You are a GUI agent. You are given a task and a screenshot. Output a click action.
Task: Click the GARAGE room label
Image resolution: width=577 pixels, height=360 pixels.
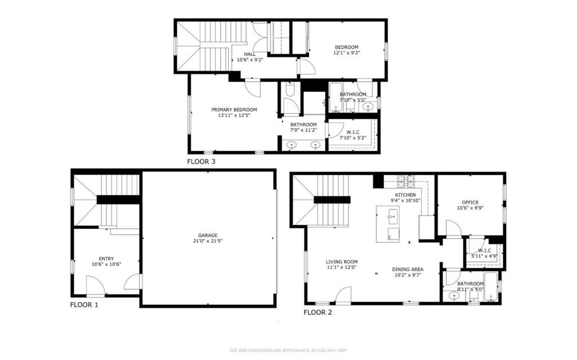tap(207, 235)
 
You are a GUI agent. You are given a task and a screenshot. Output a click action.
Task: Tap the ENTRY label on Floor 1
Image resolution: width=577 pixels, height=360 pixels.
tap(106, 259)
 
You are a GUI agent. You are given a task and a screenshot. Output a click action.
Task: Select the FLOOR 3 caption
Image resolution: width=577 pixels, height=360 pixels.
tap(201, 162)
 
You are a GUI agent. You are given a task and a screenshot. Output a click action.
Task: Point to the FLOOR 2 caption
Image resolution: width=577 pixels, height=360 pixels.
tap(318, 312)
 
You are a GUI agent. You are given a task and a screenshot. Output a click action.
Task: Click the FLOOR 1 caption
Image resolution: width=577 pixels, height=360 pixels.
tap(84, 305)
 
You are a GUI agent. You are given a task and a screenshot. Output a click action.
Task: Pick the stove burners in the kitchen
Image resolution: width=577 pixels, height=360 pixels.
tap(406, 181)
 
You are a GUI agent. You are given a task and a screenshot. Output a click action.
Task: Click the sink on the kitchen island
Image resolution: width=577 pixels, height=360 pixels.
tap(392, 215)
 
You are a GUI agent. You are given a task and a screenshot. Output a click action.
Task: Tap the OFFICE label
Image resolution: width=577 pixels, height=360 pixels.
tap(470, 202)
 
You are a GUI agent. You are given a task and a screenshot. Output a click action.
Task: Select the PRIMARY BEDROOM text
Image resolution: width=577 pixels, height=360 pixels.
tap(234, 109)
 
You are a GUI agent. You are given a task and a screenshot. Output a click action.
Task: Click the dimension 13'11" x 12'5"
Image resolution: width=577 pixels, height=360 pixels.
tap(234, 115)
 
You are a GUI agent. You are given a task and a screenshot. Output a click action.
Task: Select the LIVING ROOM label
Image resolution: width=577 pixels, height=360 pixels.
tap(341, 262)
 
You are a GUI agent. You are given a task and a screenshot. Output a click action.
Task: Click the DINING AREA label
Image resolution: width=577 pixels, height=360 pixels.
tap(407, 269)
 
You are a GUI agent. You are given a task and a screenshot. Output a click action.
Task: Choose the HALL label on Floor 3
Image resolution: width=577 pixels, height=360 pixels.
tap(250, 54)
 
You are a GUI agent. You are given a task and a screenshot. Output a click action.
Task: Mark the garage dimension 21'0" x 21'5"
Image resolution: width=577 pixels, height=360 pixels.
tap(207, 241)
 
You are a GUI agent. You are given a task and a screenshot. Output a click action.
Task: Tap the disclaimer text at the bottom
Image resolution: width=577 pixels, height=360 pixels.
tap(288, 350)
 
